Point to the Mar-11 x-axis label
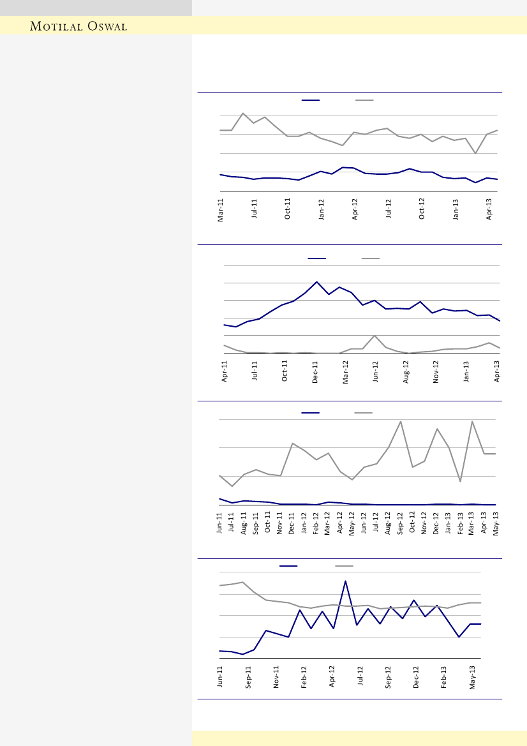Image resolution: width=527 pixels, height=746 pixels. [x=221, y=210]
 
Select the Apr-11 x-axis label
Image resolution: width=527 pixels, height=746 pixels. [x=225, y=371]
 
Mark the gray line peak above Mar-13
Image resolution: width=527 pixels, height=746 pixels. [x=472, y=422]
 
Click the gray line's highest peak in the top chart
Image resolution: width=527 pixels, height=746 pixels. [x=243, y=114]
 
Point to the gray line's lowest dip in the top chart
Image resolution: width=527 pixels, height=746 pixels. [x=475, y=153]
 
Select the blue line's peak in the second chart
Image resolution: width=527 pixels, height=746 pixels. [x=316, y=281]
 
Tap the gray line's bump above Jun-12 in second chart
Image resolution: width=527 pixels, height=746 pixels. [x=375, y=336]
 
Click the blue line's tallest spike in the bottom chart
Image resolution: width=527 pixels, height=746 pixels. [x=345, y=581]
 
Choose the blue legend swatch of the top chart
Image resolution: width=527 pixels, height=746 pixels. [x=311, y=100]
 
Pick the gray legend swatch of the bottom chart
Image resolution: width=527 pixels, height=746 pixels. [x=345, y=566]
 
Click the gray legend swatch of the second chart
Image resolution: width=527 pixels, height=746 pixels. [x=371, y=258]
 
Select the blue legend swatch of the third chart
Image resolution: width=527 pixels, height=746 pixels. [x=311, y=413]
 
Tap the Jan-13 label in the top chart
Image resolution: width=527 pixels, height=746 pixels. [x=456, y=210]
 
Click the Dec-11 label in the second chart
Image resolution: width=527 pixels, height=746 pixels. [x=315, y=371]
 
